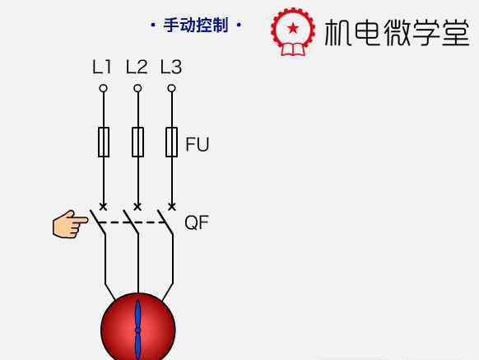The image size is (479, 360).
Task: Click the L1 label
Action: (x=102, y=68)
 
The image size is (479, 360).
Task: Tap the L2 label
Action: (x=137, y=68)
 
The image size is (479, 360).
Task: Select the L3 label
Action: (x=171, y=68)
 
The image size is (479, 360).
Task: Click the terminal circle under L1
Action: (x=104, y=88)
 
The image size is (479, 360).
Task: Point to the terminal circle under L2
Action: (x=137, y=88)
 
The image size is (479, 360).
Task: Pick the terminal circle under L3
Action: (x=172, y=88)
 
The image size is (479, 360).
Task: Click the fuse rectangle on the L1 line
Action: (x=104, y=143)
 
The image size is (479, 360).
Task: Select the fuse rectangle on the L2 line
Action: (x=137, y=143)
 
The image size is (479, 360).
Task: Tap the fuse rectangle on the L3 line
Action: (x=172, y=143)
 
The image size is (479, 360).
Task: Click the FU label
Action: (x=198, y=144)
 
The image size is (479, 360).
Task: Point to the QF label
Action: (x=197, y=222)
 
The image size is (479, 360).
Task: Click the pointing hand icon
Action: (x=70, y=224)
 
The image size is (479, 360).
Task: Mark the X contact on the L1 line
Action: (x=104, y=207)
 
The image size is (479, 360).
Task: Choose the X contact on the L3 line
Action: (x=172, y=207)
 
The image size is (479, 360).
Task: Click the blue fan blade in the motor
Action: (x=138, y=330)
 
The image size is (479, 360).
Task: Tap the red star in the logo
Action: (x=293, y=29)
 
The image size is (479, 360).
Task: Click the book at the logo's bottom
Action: (x=293, y=49)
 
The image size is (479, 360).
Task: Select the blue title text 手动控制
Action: (x=196, y=25)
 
